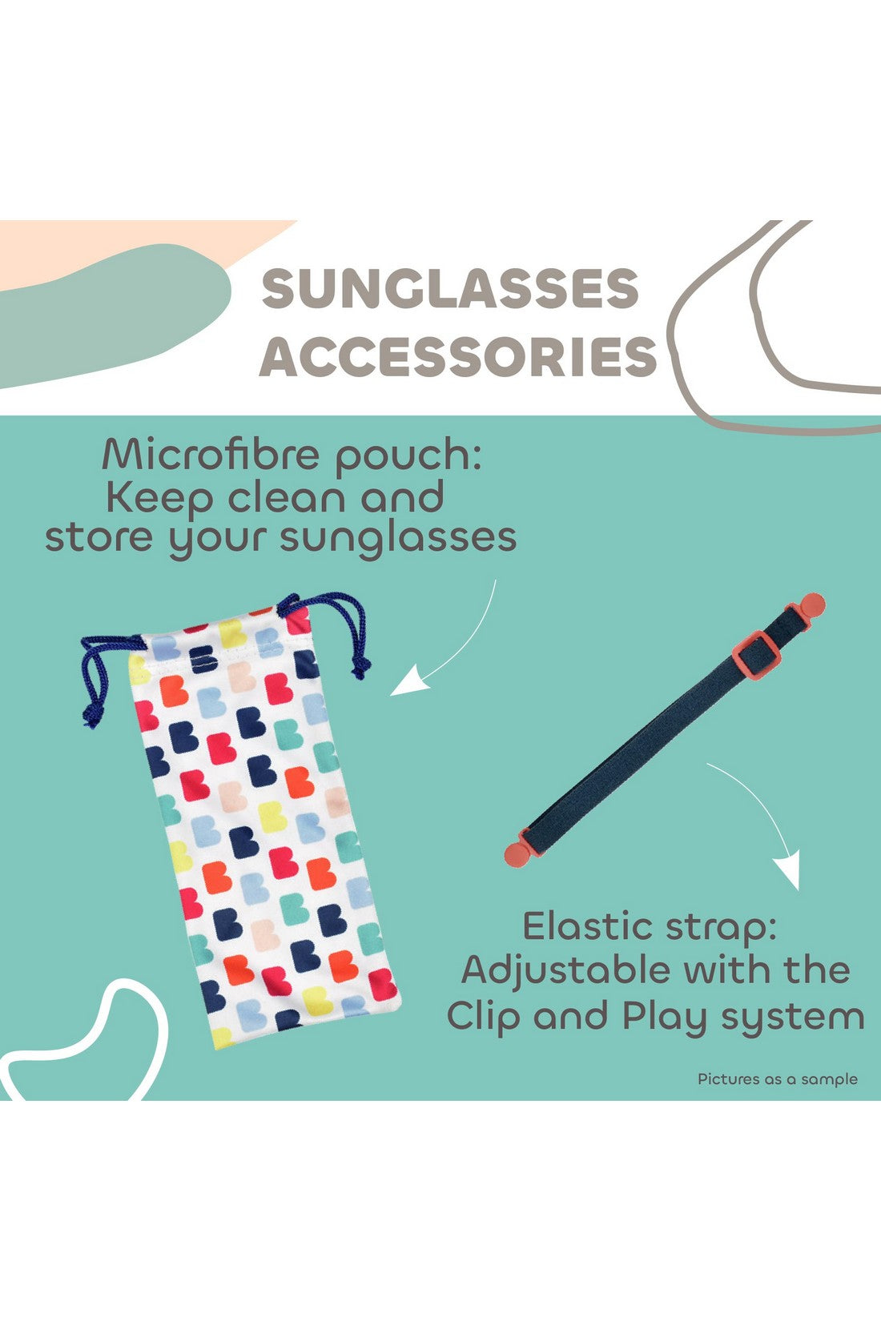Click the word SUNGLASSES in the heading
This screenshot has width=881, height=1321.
[x=450, y=288]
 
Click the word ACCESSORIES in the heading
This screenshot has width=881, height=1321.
[x=458, y=356]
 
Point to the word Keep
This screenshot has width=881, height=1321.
[x=159, y=498]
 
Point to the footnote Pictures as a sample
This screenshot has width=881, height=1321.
[x=777, y=1079]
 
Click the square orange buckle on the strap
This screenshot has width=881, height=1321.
[x=756, y=655]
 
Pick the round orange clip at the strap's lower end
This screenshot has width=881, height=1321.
[x=519, y=852]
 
